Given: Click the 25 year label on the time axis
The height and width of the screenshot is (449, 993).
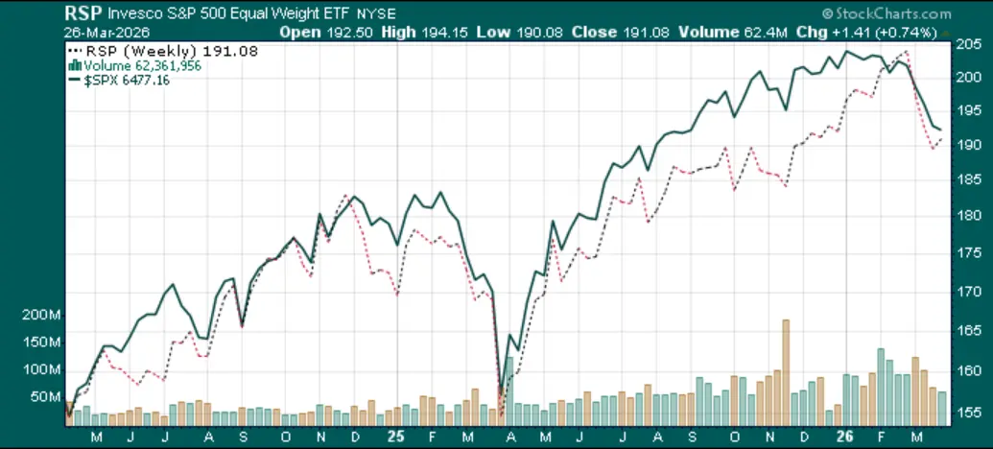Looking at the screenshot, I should tap(393, 436).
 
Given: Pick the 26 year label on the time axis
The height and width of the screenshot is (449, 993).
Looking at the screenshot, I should tap(846, 436).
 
